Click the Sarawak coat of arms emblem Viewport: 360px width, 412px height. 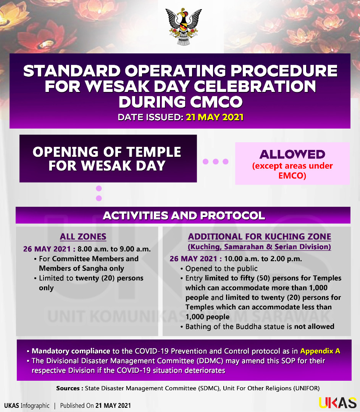(183, 27)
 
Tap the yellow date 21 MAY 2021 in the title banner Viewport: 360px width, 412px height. (215, 117)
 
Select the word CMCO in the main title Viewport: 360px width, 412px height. (216, 102)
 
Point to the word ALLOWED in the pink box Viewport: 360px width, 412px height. (292, 154)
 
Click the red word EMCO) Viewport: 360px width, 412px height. (292, 175)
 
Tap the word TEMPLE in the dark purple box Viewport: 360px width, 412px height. (154, 152)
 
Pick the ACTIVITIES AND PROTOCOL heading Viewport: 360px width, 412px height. (184, 216)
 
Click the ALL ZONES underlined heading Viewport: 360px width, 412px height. (83, 237)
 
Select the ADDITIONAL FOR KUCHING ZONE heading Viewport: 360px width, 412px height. (260, 237)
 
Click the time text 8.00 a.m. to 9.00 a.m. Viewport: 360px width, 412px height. (114, 249)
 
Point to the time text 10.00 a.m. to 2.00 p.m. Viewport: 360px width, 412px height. (263, 259)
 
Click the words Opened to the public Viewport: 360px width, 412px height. (221, 269)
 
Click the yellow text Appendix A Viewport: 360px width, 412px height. (320, 351)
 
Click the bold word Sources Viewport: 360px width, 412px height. (68, 388)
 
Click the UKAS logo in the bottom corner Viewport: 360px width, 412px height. (337, 403)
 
